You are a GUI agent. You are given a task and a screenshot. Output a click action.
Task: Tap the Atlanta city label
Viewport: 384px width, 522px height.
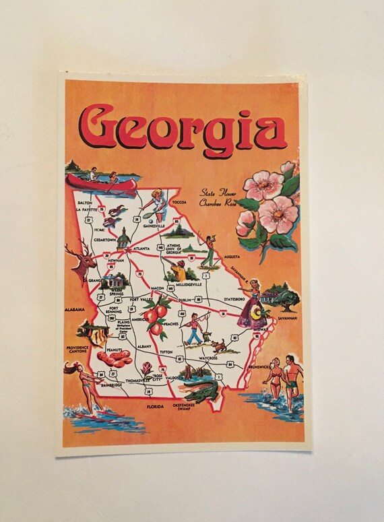[x=141, y=248]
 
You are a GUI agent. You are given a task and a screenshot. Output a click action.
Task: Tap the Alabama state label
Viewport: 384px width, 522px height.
[x=74, y=310]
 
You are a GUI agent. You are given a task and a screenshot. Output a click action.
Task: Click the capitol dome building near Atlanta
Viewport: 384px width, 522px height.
[x=123, y=238]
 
